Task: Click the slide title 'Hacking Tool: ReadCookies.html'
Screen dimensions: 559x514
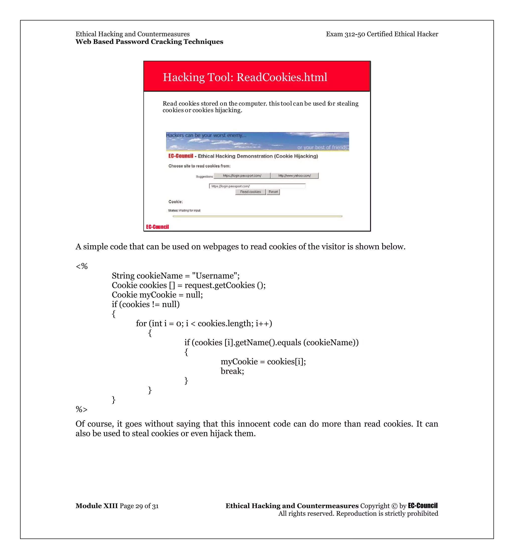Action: point(245,77)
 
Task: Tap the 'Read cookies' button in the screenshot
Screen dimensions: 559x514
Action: point(250,192)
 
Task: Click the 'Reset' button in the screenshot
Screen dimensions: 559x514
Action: point(273,192)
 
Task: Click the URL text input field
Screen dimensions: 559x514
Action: point(257,186)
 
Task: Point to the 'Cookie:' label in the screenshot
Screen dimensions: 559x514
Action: point(175,202)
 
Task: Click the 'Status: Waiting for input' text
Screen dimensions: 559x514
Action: point(184,211)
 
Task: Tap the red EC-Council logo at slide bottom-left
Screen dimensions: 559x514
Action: point(157,227)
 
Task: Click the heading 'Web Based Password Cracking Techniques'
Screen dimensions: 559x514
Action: point(149,42)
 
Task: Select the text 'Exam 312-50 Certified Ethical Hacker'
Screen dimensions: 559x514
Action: point(382,34)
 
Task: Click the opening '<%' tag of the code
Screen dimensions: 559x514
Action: point(82,266)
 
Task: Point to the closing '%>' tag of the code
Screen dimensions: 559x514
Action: point(82,409)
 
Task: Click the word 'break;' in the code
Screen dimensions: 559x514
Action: point(232,371)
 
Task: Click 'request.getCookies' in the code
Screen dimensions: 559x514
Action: point(219,285)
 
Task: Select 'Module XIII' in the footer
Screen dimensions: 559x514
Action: point(97,506)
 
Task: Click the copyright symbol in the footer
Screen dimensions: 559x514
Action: point(394,506)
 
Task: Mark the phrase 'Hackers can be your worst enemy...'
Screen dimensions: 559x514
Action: point(206,135)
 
